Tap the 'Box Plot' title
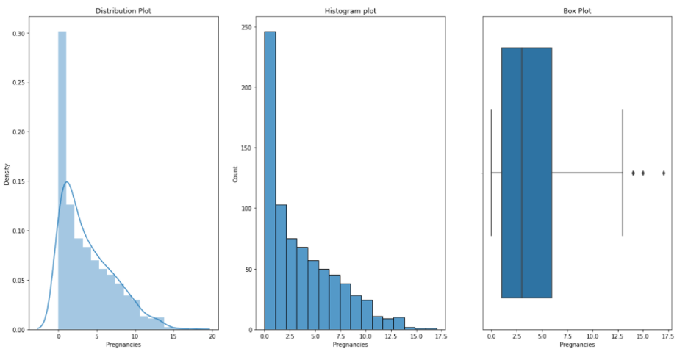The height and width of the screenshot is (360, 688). pos(576,11)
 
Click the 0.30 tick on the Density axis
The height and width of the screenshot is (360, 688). pos(22,33)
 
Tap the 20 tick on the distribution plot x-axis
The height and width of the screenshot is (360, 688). pos(212,336)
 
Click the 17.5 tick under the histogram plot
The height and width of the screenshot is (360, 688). pos(437,336)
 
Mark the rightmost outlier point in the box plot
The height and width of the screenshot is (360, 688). pos(664,173)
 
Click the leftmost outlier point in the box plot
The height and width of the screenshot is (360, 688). pos(633,173)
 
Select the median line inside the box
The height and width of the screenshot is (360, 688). pos(522,173)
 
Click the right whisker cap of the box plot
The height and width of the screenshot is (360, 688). pos(623,173)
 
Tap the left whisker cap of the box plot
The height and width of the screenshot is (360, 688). pos(491,173)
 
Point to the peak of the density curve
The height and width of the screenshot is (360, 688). pos(67,182)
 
